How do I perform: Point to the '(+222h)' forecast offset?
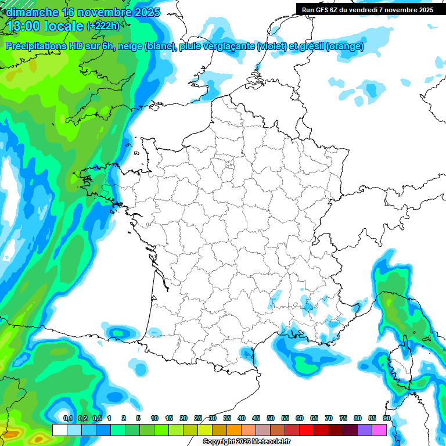[x=103, y=26]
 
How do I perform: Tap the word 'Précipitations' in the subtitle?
[x=36, y=46]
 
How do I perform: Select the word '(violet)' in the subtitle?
[x=274, y=46]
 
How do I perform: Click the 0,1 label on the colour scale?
[x=68, y=419]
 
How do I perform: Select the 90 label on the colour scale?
[x=387, y=419]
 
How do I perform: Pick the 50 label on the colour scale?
[x=271, y=419]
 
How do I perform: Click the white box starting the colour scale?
[x=59, y=430]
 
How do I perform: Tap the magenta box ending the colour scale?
[x=379, y=430]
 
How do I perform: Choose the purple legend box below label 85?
[x=365, y=430]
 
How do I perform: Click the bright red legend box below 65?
[x=307, y=430]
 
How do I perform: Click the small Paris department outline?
[x=229, y=166]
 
